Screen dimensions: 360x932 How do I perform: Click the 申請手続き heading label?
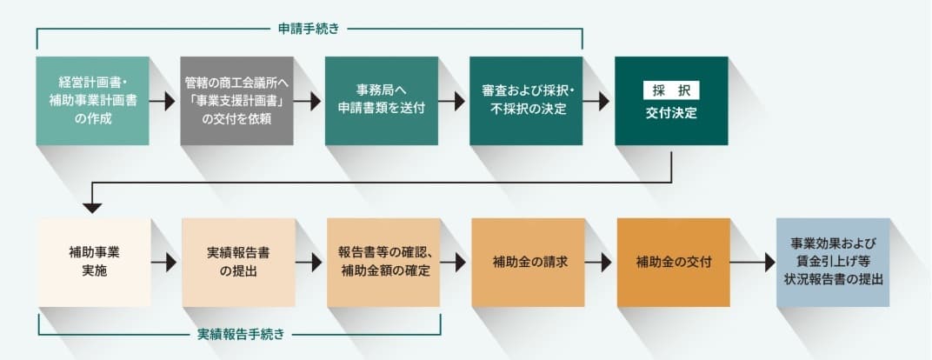pyautogui.click(x=310, y=29)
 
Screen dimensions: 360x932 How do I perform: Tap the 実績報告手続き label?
pyautogui.click(x=239, y=333)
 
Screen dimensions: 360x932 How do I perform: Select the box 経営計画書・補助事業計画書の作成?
pyautogui.click(x=92, y=101)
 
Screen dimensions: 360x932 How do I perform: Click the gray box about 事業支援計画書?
pyautogui.click(x=236, y=101)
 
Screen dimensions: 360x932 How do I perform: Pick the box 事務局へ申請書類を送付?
pyautogui.click(x=382, y=101)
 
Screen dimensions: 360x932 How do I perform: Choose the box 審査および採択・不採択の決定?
pyautogui.click(x=526, y=101)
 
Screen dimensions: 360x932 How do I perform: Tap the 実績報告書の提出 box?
pyautogui.click(x=238, y=261)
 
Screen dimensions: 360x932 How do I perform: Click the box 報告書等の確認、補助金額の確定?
pyautogui.click(x=383, y=261)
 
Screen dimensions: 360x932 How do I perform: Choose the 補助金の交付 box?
pyautogui.click(x=672, y=261)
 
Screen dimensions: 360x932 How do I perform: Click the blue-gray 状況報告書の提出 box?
pyautogui.click(x=834, y=262)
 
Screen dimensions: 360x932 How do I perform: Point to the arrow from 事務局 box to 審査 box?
pyautogui.click(x=453, y=101)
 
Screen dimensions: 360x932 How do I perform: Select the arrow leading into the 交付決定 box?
pyautogui.click(x=598, y=101)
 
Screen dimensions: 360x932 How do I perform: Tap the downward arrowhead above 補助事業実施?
pyautogui.click(x=92, y=207)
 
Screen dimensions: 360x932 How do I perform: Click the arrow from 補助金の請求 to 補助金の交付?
pyautogui.click(x=600, y=261)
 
